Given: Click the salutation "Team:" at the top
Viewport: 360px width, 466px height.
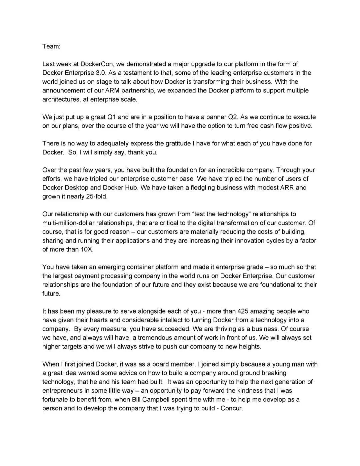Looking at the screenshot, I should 51,46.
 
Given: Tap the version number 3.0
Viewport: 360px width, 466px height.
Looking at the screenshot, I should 100,73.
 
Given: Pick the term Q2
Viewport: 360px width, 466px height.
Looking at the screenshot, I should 232,117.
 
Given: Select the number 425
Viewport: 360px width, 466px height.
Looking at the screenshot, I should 242,311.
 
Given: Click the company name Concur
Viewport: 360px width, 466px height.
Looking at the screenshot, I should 232,408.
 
